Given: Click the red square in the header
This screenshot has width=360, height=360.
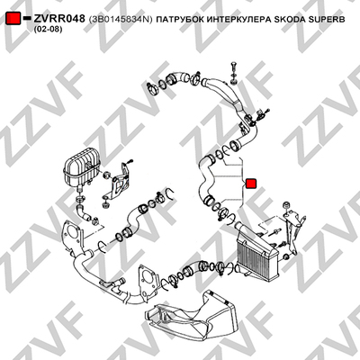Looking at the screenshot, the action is [13, 19].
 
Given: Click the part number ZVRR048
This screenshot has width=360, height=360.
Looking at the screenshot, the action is [59, 19].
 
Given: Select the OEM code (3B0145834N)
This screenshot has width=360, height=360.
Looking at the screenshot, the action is [121, 20].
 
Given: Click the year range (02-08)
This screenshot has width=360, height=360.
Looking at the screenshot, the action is [48, 30].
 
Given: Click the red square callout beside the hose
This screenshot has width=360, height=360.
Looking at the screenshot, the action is [250, 184].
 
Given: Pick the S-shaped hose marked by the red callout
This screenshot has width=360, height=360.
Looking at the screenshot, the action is [204, 177].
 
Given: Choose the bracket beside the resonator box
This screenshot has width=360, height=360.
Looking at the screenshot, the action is [120, 183].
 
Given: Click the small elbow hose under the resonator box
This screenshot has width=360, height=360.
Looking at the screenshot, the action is [83, 211].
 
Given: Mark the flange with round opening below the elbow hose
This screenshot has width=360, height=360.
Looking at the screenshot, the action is [72, 232].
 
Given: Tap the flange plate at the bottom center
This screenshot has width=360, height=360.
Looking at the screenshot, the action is [146, 281].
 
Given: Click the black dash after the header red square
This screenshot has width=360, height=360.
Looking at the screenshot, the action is [27, 18].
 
